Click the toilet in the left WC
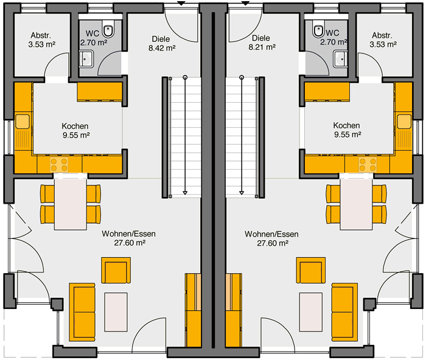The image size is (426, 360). pyautogui.click(x=108, y=30)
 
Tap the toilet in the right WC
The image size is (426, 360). pyautogui.click(x=318, y=30)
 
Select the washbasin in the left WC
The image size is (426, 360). pyautogui.click(x=86, y=59)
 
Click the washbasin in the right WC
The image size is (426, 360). pyautogui.click(x=340, y=58)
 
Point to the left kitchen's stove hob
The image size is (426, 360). pyautogui.click(x=59, y=165)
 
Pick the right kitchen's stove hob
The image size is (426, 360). pyautogui.click(x=368, y=165)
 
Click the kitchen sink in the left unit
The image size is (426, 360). pyautogui.click(x=23, y=122)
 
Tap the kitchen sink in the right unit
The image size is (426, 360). pyautogui.click(x=404, y=122)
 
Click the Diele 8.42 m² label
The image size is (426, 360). pyautogui.click(x=162, y=43)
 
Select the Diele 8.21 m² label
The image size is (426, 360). pyautogui.click(x=262, y=43)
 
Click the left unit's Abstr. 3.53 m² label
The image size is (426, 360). pyautogui.click(x=42, y=40)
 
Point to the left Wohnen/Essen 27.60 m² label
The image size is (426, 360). pyautogui.click(x=129, y=238)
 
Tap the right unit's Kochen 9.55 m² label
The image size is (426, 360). pyautogui.click(x=347, y=130)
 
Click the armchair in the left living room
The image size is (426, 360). pyautogui.click(x=116, y=271)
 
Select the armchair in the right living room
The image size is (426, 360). pyautogui.click(x=311, y=271)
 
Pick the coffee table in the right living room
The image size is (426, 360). pyautogui.click(x=311, y=312)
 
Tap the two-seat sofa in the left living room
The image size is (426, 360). pyautogui.click(x=82, y=312)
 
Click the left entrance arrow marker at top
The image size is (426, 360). pyautogui.click(x=181, y=3)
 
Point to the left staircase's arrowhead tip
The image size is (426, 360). pyautogui.click(x=185, y=195)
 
